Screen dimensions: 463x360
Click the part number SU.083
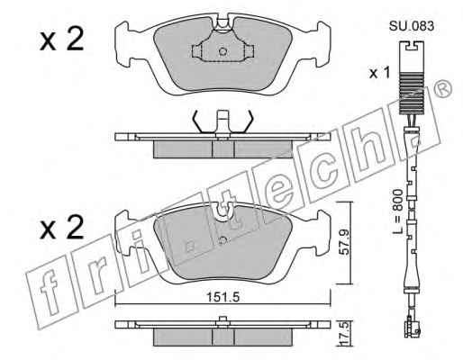(412, 26)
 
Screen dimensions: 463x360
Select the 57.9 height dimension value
(344, 242)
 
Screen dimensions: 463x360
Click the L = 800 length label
(398, 212)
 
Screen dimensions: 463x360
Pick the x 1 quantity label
(379, 73)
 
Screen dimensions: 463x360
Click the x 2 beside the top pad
(61, 39)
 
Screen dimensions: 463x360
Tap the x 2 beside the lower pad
(61, 228)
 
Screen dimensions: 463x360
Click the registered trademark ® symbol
(443, 89)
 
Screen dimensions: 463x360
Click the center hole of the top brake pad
(222, 51)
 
